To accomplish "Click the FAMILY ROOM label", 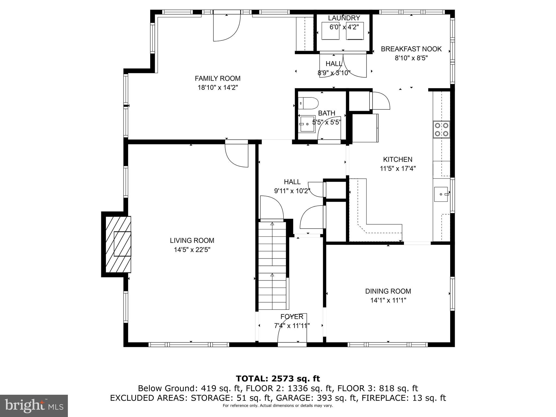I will (217, 78).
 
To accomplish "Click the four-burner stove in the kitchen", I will (441, 129).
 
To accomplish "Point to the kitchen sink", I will (441, 194).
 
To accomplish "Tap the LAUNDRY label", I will (344, 18).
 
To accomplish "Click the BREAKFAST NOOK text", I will (411, 49).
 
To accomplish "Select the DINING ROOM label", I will (388, 291).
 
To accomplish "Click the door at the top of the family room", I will (227, 27).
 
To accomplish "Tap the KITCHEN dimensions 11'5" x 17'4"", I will (398, 169).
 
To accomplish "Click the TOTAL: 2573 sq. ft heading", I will (278, 378).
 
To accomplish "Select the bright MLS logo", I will (34, 406).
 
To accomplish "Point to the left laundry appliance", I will (330, 31).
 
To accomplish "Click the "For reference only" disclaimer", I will (278, 406).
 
